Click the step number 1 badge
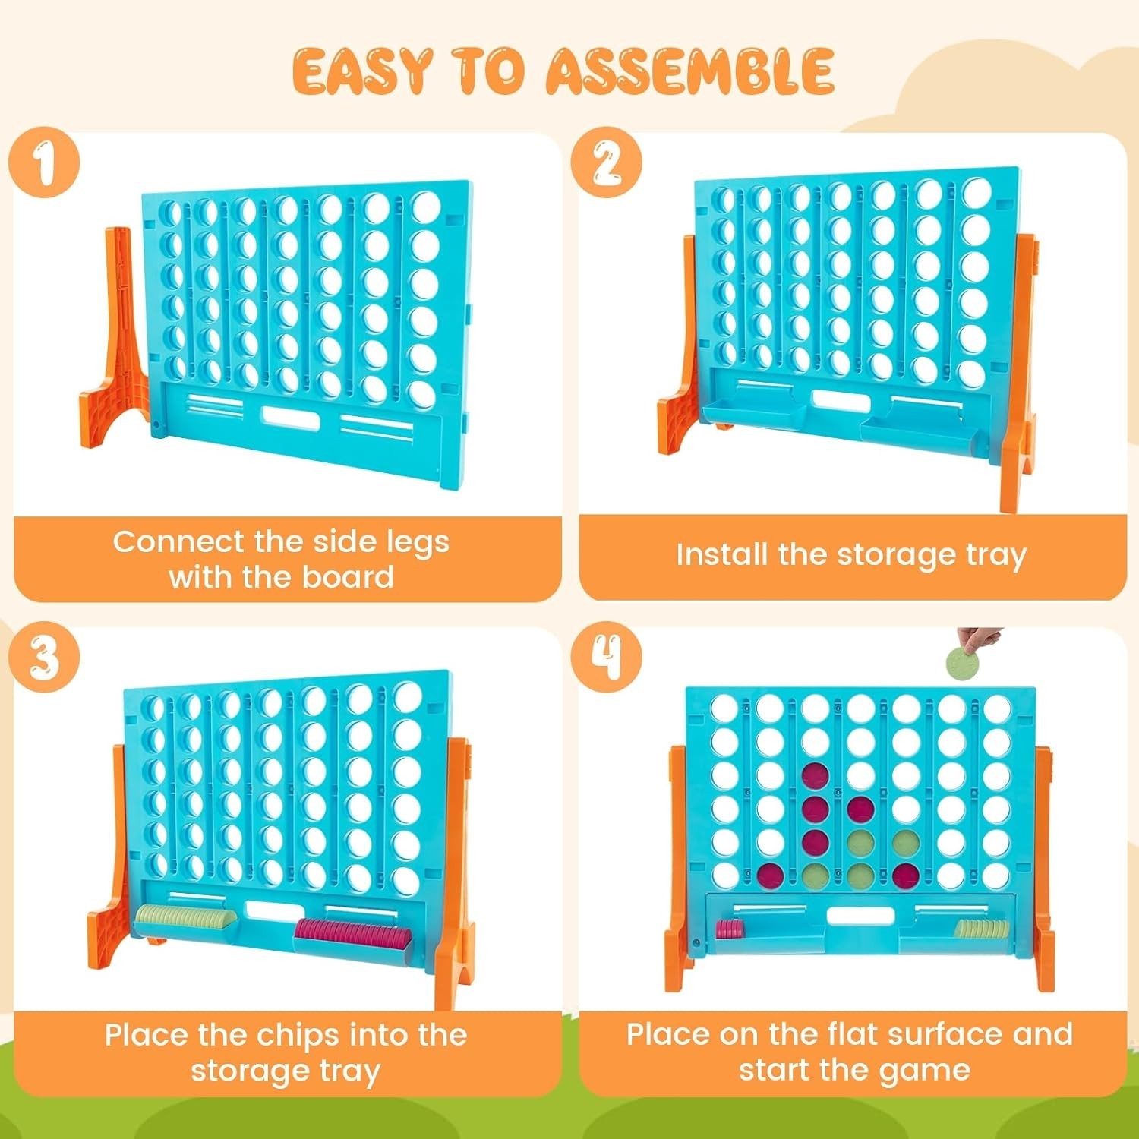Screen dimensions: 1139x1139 [45, 163]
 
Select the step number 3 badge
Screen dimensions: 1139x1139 [45, 657]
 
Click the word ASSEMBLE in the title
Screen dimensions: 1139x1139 [690, 71]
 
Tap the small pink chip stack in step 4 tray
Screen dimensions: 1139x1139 [730, 928]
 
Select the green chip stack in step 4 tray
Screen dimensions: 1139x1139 [982, 928]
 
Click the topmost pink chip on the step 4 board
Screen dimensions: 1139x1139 [816, 776]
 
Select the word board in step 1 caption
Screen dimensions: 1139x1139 [348, 578]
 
